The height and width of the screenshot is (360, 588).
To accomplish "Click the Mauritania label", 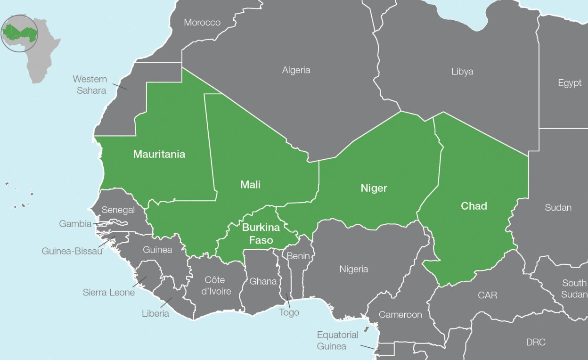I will coord(159,154).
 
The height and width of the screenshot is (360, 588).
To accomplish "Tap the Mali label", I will coord(250,184).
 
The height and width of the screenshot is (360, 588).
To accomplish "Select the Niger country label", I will coord(374,188).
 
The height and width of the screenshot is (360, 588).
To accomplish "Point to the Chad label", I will coord(474,206).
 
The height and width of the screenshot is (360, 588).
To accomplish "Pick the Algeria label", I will coord(296,70).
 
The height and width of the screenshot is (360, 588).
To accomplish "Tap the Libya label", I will coord(462,72).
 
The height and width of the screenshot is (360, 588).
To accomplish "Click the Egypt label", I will coord(570,83).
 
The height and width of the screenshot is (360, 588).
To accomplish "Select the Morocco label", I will coord(202,23).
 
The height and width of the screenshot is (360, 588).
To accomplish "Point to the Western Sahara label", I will coord(90,84).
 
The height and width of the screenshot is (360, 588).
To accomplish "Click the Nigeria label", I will coord(353,269).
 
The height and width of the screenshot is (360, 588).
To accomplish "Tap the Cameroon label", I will coord(400,314).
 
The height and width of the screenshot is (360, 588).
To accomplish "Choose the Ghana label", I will coord(263,281).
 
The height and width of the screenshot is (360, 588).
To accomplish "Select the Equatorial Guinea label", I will coord(337,340).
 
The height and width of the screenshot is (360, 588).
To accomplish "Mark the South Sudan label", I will coord(574,288).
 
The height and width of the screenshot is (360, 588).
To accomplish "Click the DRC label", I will coord(535,342).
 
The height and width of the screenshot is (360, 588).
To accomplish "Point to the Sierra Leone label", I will coord(109,292).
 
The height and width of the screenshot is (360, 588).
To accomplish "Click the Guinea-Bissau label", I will coord(72,251).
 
